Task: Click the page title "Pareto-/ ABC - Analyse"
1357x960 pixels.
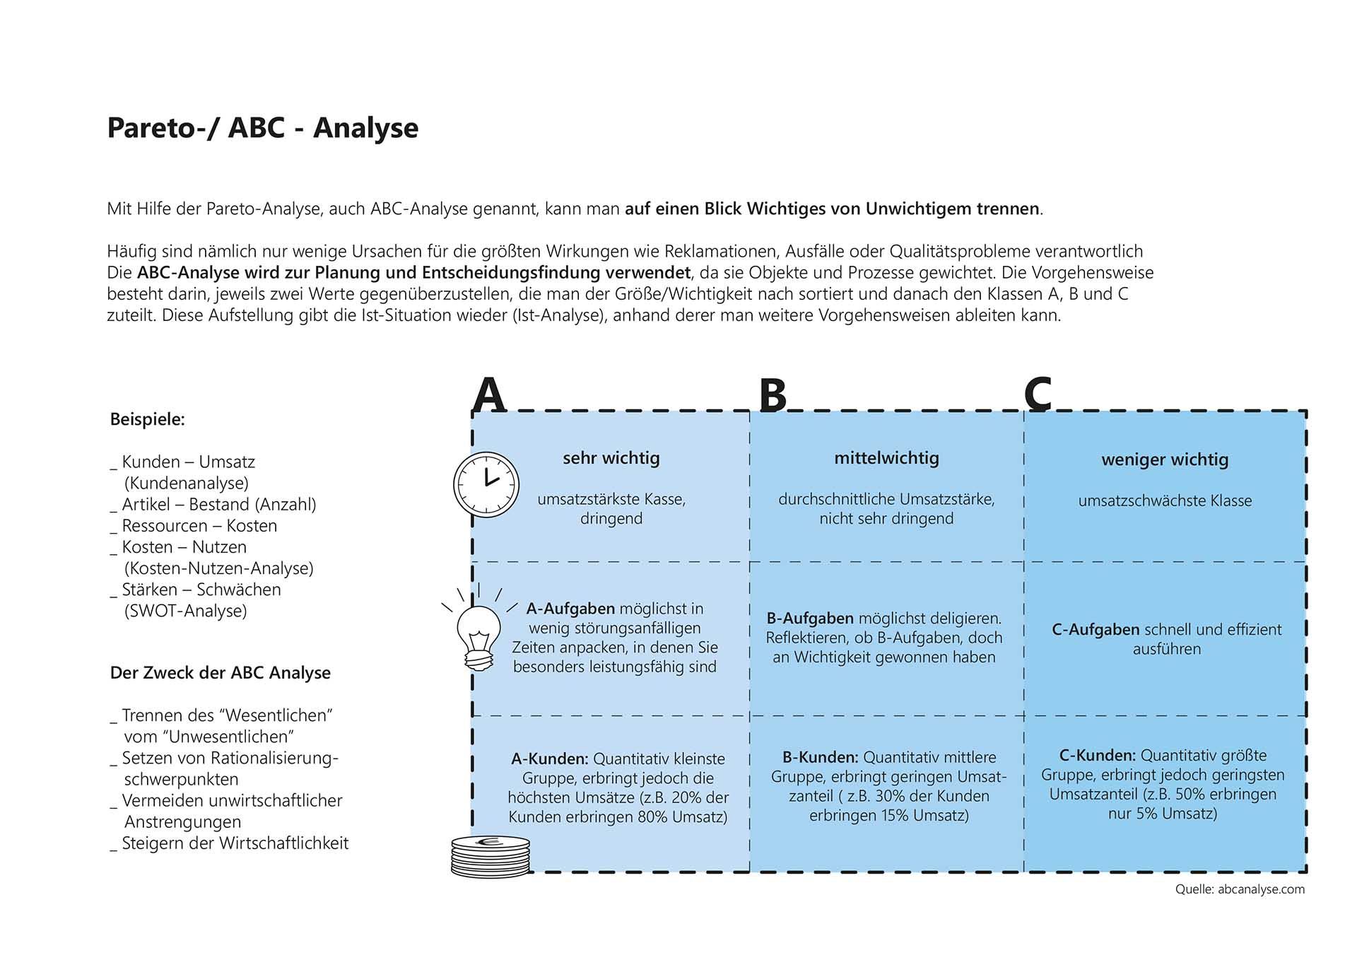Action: coord(262,128)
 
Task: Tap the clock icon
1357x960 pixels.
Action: coord(486,485)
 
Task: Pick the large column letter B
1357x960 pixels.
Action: coord(773,395)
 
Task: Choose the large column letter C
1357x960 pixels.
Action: coord(1038,394)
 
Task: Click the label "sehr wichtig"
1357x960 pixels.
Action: coord(611,458)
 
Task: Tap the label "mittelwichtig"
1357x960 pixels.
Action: coord(886,458)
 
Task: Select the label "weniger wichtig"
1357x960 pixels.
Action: coord(1165,459)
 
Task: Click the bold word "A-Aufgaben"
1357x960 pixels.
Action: coord(570,609)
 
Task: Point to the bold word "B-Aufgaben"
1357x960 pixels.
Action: coord(810,619)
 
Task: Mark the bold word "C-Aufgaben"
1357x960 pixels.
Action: coord(1095,630)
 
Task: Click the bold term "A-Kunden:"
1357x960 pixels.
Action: coord(549,759)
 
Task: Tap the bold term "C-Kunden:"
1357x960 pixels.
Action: coord(1098,756)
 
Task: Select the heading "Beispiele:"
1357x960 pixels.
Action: coord(148,419)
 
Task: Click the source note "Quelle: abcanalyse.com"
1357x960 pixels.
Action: coord(1240,889)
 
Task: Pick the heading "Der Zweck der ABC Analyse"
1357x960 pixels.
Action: coord(221,673)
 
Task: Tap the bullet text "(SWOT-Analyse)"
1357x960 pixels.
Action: coord(186,611)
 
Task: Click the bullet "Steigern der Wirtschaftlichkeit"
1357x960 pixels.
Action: coord(235,843)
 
